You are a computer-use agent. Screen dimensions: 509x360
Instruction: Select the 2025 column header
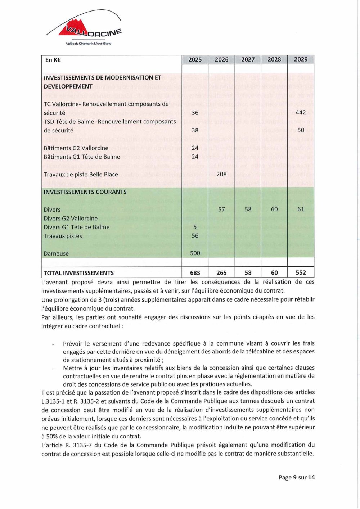(x=195, y=60)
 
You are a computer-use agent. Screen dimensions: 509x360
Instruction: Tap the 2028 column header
(x=274, y=60)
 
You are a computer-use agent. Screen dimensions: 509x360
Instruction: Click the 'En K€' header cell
(x=53, y=60)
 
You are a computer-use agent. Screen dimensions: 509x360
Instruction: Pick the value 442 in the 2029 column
(x=301, y=113)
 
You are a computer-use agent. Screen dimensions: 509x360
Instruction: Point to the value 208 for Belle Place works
(x=221, y=174)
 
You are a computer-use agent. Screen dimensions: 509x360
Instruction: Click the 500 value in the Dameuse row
(x=195, y=253)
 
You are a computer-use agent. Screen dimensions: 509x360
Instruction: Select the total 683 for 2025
(x=195, y=273)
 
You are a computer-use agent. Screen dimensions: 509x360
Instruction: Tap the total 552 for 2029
(x=301, y=273)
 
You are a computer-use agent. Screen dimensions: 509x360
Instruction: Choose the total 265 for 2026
(x=221, y=273)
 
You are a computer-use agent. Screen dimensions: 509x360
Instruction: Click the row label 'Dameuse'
(x=56, y=254)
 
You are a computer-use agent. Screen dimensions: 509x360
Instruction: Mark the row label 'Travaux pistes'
(x=63, y=236)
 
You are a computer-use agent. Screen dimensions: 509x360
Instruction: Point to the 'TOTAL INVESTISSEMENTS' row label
(x=78, y=273)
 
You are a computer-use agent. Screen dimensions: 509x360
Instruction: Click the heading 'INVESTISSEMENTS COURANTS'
(x=85, y=192)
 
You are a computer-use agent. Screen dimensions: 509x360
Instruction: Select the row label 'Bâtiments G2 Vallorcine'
(x=76, y=148)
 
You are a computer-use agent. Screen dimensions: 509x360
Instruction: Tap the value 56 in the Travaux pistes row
(x=195, y=236)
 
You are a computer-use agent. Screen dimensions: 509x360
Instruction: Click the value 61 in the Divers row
(x=301, y=209)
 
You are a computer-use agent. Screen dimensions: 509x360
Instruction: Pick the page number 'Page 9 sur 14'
(x=297, y=477)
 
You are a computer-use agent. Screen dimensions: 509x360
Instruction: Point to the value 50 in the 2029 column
(x=301, y=130)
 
